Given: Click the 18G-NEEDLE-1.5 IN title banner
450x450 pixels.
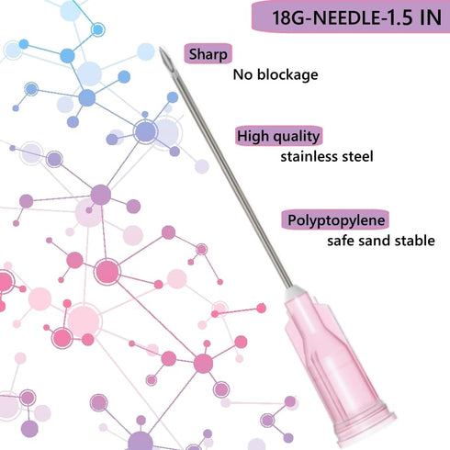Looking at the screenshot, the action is click(351, 17).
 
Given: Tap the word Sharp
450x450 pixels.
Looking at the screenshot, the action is click(208, 54).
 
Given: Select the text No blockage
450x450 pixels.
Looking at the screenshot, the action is click(276, 74).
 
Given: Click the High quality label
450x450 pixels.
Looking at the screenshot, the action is click(278, 136).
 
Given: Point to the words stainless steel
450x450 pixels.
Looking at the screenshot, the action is click(327, 156).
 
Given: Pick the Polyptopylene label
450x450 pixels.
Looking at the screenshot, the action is click(336, 220).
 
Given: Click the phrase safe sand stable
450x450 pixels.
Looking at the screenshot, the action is click(381, 241).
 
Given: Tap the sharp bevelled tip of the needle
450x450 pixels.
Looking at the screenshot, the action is click(160, 49).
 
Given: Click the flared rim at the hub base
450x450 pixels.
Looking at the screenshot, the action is click(366, 425).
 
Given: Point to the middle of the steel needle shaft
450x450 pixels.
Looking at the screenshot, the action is click(226, 167).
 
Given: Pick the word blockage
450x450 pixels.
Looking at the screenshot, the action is click(287, 74).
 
